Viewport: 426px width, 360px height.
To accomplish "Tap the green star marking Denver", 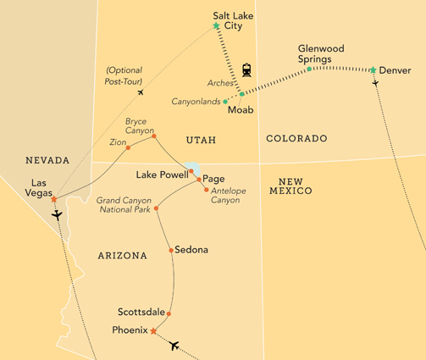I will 373,69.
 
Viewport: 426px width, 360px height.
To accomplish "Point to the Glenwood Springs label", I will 323,53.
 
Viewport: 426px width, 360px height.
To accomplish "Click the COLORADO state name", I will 296,138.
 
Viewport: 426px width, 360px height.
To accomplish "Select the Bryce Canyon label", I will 140,125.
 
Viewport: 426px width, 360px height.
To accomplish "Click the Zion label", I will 116,143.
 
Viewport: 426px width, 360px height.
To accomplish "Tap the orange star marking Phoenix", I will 152,331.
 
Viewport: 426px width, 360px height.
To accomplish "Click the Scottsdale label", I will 142,313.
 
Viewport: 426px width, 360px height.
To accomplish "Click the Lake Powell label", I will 162,174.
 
